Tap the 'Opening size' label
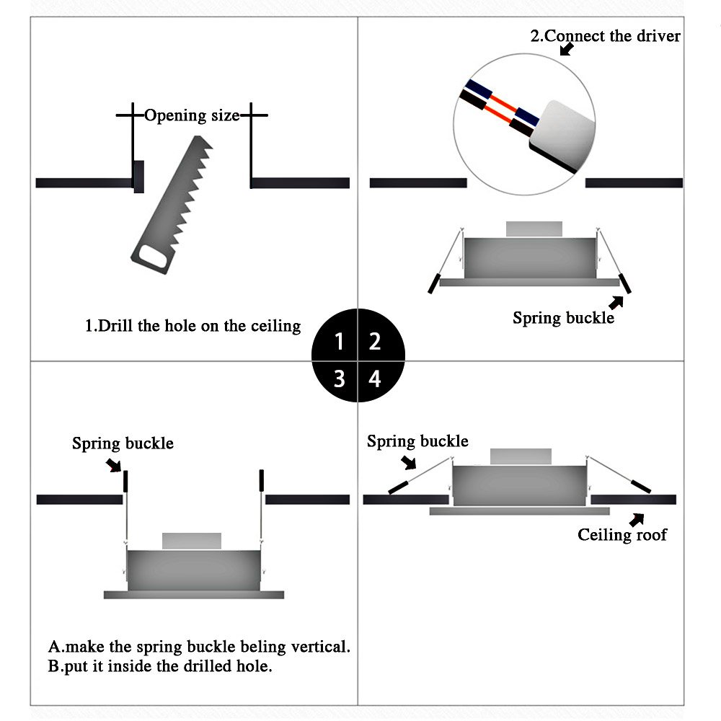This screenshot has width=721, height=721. [x=192, y=115]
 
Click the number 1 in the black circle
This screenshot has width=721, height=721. [x=339, y=341]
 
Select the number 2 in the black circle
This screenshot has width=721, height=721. [x=375, y=341]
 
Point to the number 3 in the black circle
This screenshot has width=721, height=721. [x=340, y=379]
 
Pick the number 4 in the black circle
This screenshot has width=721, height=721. [x=375, y=379]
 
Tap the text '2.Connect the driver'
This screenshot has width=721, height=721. [x=605, y=36]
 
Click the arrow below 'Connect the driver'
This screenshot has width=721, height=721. [x=567, y=49]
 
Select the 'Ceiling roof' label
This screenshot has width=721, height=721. [x=622, y=534]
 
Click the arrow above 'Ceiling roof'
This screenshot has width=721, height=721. [x=637, y=520]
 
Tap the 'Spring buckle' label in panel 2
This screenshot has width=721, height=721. [x=563, y=318]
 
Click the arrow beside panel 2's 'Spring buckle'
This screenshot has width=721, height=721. [x=616, y=303]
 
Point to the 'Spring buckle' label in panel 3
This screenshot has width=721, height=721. [x=123, y=443]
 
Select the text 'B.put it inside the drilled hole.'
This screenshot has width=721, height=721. [x=160, y=666]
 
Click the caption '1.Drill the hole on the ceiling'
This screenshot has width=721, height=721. [x=193, y=326]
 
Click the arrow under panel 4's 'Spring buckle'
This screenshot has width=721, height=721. [x=408, y=463]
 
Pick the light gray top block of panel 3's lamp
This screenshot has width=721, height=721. [x=192, y=541]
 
